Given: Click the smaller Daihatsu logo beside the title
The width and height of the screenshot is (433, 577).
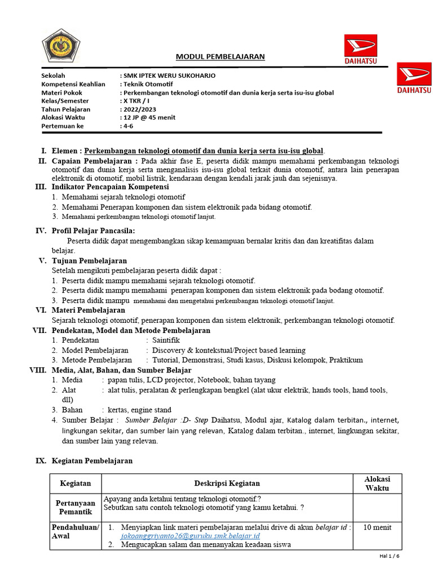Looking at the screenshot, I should (361, 50).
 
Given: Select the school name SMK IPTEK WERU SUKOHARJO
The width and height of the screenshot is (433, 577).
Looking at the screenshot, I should (169, 76).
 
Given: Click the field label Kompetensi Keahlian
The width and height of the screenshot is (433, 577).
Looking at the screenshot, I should (73, 84).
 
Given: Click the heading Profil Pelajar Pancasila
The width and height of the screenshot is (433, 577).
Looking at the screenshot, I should (93, 230).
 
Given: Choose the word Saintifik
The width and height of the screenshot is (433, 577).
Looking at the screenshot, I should (166, 340).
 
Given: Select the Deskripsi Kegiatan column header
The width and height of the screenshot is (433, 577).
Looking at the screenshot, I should (227, 483).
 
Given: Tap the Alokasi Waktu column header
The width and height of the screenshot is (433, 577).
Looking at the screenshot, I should (377, 483).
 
